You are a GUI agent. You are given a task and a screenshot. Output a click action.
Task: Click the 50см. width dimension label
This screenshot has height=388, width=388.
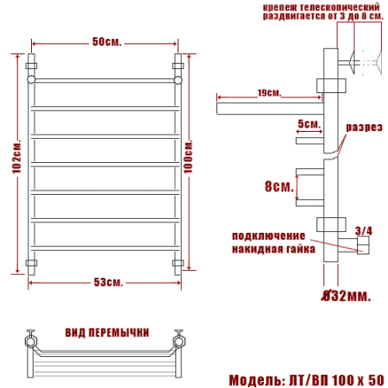(x=106, y=41)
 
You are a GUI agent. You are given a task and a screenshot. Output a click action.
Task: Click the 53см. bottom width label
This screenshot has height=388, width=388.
(x=107, y=283)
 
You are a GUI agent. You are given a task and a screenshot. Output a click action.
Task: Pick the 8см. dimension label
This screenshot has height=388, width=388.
(x=276, y=185)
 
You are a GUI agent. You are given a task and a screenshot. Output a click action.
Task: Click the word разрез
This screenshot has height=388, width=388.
(x=364, y=128)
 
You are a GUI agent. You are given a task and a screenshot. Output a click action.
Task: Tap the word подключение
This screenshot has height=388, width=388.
(x=268, y=235)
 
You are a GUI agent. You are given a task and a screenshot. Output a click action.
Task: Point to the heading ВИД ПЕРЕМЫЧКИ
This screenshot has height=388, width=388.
(x=107, y=331)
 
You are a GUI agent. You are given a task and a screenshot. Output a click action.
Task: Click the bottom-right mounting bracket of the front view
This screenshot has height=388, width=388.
(x=179, y=263)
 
